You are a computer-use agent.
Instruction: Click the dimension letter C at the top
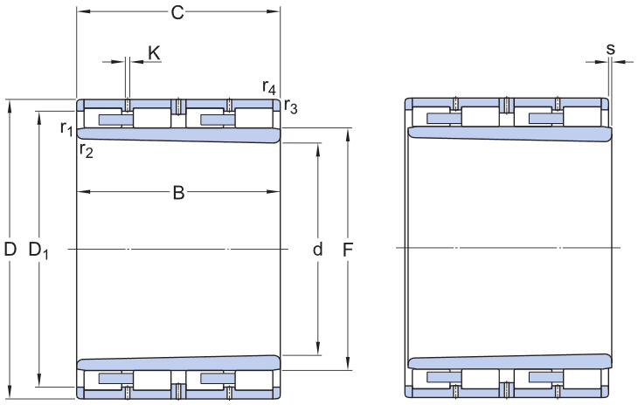click(x=177, y=12)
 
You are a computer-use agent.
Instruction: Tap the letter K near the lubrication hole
click(x=154, y=53)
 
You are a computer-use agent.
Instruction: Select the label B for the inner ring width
click(x=178, y=194)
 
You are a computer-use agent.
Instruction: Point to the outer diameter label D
click(x=10, y=250)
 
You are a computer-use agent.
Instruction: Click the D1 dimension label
click(x=39, y=251)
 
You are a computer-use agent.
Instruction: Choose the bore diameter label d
click(x=317, y=250)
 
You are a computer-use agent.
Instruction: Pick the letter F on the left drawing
click(x=348, y=250)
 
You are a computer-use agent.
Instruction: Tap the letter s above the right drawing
click(x=610, y=49)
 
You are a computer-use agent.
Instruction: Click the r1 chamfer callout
click(x=66, y=129)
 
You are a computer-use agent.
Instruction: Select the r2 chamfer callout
click(x=86, y=150)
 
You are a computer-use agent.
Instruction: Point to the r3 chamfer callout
click(x=291, y=108)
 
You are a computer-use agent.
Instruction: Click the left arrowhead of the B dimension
click(x=82, y=192)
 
